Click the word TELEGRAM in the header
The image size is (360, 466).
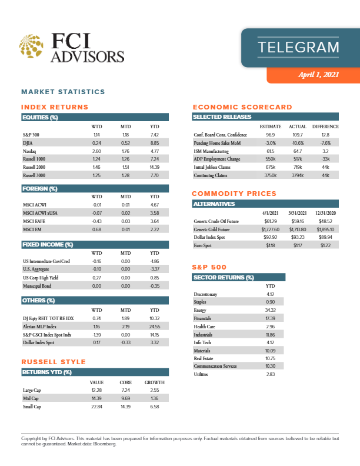[x=298, y=47]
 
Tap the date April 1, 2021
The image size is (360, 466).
[x=318, y=75]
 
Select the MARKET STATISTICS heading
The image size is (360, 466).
[x=63, y=92]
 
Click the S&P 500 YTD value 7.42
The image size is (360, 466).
[x=155, y=135]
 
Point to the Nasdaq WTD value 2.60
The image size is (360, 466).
[x=97, y=151]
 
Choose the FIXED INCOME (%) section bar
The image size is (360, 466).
[x=95, y=244]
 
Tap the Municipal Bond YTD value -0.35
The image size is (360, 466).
[x=155, y=285]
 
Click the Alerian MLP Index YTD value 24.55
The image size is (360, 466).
[x=155, y=326]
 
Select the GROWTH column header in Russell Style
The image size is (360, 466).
[x=155, y=382]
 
